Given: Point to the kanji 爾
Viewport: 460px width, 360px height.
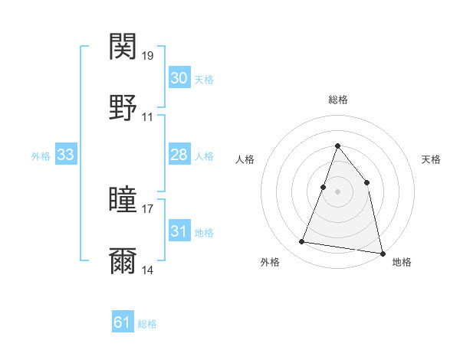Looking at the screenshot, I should coord(123,261).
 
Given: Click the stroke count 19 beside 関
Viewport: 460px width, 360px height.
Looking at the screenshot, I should coord(148,56).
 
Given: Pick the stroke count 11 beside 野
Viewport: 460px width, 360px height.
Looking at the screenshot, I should coord(148,117).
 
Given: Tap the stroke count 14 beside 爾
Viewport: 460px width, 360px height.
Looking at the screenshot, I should coord(148,270).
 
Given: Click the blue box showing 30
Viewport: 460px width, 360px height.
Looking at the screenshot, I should coord(179,78).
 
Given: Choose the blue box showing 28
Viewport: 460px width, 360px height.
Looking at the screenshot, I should coord(179,155).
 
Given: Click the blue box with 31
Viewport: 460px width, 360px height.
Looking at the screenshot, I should coord(179,231).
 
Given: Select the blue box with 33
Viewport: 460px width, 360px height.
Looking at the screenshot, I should coord(66,155).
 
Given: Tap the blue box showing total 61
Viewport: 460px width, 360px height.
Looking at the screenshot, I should coord(123,322).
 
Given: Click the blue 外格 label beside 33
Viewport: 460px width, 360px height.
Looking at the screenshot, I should coord(41,156).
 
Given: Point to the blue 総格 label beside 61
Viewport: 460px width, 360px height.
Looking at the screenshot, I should coord(147,324).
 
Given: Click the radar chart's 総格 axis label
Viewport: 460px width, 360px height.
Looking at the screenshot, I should coord(337,100).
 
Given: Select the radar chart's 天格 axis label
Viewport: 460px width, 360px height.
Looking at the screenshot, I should coord(432,159).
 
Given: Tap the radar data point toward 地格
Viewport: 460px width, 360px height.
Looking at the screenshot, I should coord(381,253).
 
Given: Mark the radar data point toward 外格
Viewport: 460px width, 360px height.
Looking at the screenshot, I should coord(302,242).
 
